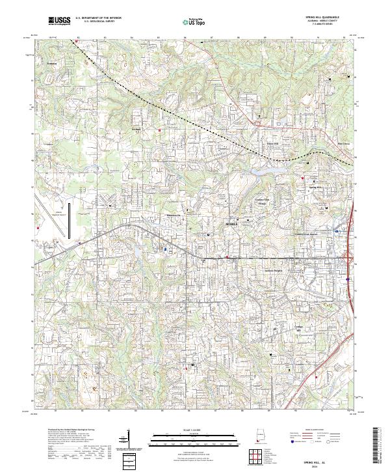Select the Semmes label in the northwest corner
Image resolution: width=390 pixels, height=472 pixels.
(52, 64)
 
